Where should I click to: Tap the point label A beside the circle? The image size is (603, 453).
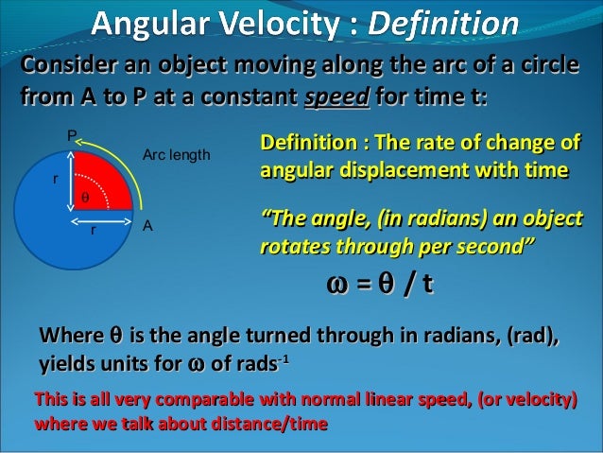pos(147,227)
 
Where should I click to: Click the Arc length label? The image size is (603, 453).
pos(175,153)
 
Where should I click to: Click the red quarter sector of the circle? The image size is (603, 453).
pos(99,184)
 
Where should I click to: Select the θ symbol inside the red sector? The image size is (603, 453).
pos(83,200)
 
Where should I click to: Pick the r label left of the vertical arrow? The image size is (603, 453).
pos(55,177)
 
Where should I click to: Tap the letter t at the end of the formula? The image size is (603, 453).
pos(428,285)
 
